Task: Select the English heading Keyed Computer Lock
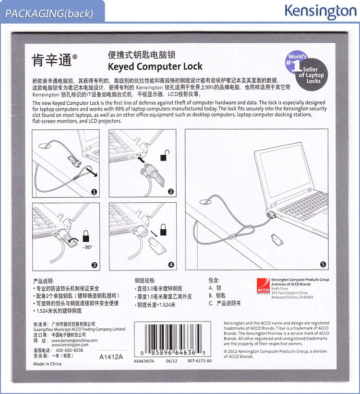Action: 155,66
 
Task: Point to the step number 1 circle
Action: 94,192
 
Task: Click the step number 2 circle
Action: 171,192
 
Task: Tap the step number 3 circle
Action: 94,265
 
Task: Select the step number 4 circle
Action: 171,265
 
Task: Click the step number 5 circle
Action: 323,264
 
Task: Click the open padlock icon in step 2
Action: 165,156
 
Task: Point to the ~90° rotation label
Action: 87,247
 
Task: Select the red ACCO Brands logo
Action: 263,286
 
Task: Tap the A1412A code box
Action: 111,357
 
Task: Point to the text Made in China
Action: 47,364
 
